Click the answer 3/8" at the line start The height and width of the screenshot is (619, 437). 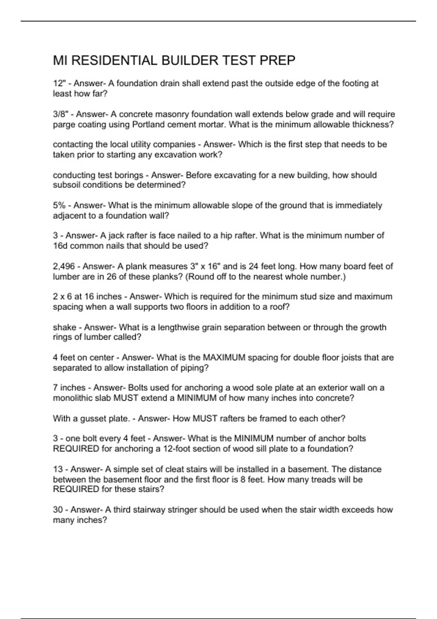(x=60, y=114)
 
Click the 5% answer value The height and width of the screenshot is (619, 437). (x=59, y=205)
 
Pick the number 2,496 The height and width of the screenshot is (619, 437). (x=64, y=266)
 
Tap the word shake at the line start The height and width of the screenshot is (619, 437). (x=64, y=327)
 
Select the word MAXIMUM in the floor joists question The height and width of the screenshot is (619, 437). (x=224, y=358)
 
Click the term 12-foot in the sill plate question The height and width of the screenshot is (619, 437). (x=176, y=449)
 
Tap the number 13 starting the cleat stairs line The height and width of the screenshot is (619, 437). (x=58, y=469)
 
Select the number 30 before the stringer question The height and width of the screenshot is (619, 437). (x=58, y=510)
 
